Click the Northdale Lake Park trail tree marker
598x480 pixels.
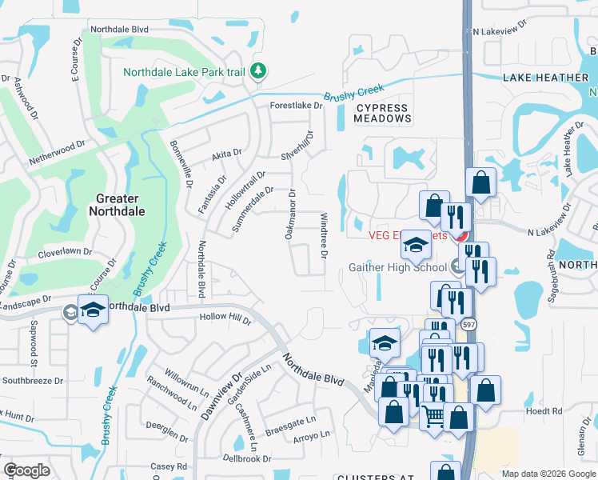(x=257, y=71)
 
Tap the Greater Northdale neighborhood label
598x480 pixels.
(x=117, y=205)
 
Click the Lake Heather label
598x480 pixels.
(x=546, y=78)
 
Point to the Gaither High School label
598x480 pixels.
(x=397, y=267)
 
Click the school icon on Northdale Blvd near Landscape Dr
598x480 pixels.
(x=94, y=311)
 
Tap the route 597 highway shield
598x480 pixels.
(x=467, y=324)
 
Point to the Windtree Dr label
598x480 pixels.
(x=325, y=235)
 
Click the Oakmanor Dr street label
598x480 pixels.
(x=290, y=214)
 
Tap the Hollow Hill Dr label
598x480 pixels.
(x=225, y=320)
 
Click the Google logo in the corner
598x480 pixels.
(x=26, y=470)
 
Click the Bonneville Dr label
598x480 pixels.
(x=181, y=164)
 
